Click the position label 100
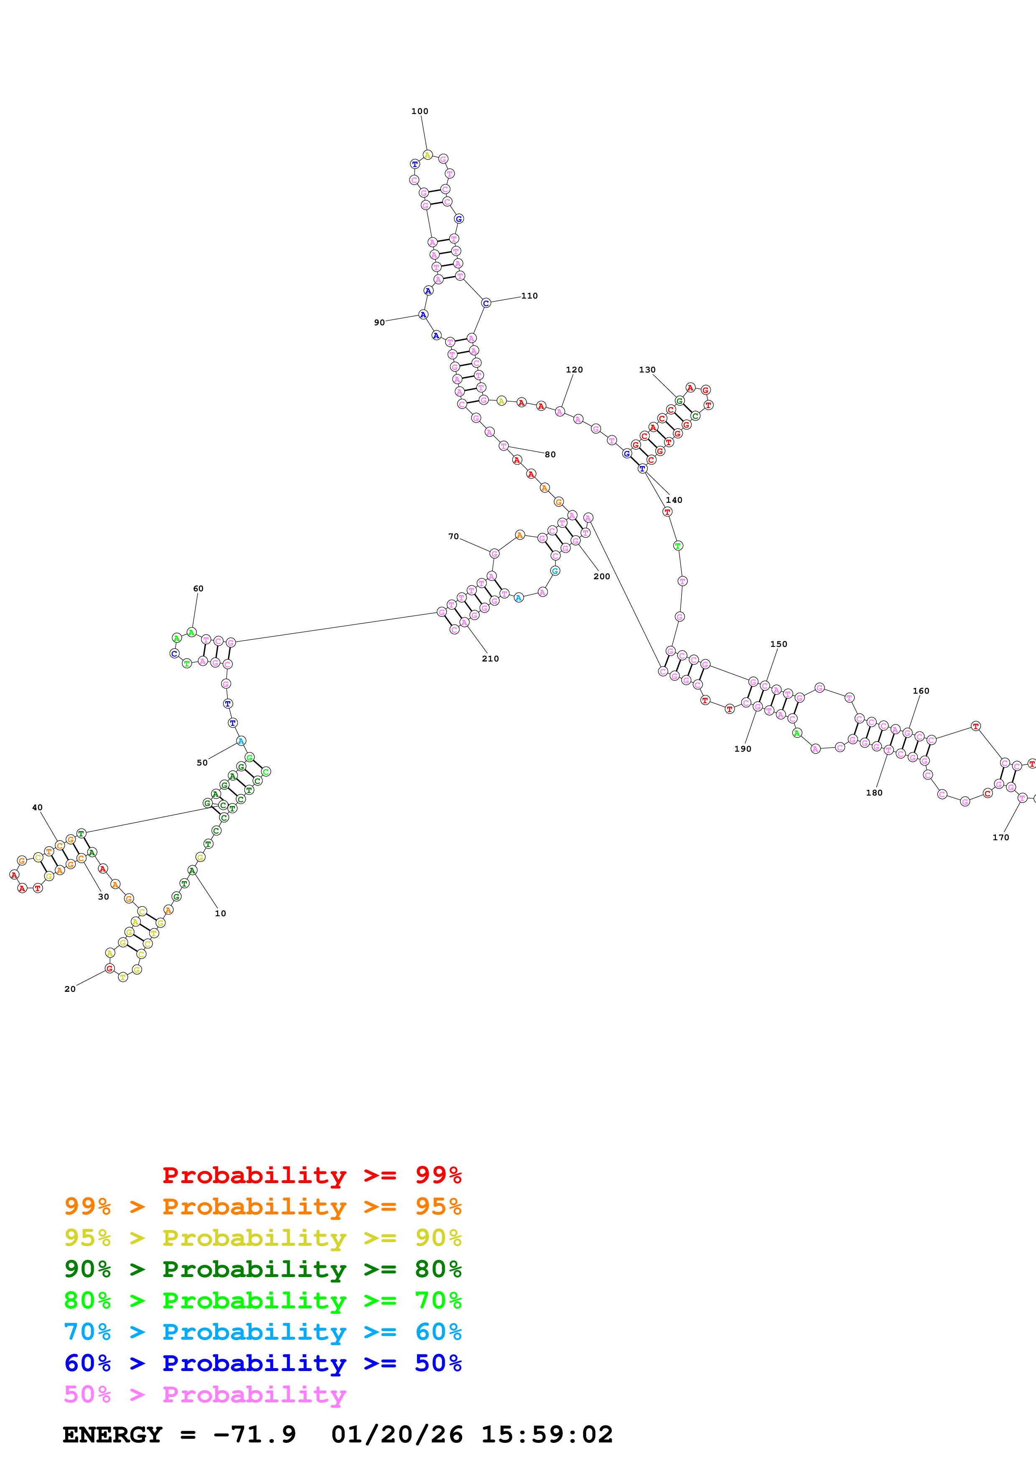(420, 111)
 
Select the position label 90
(379, 322)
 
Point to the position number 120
(574, 370)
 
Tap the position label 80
(550, 454)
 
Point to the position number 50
(202, 763)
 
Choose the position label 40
(37, 807)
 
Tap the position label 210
(490, 659)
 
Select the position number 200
(601, 576)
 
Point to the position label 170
(1000, 837)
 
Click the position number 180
(874, 793)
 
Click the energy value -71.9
(255, 1435)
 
